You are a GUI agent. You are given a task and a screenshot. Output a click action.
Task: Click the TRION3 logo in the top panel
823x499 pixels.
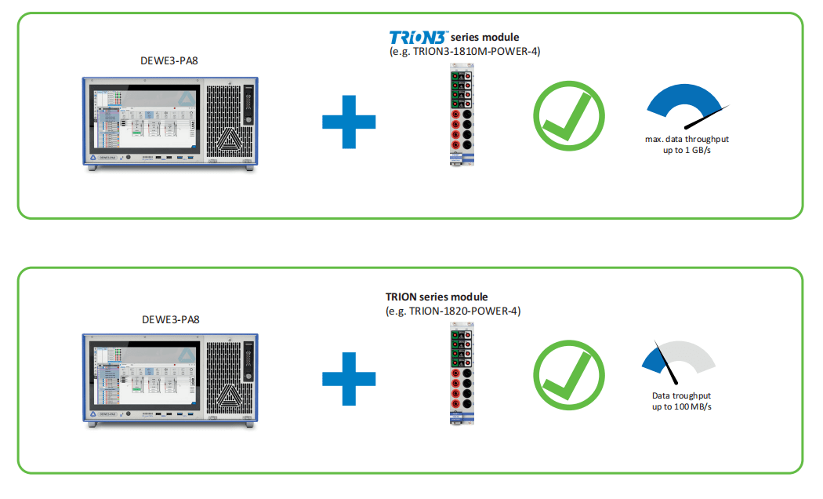[419, 37]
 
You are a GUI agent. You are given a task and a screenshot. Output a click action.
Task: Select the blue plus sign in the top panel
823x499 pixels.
[349, 122]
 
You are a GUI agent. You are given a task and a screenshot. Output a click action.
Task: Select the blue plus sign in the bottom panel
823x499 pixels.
[349, 379]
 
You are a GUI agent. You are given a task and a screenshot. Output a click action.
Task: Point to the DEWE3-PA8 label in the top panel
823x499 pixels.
[171, 60]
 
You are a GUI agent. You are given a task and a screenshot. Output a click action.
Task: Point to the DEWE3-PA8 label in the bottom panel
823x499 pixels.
[171, 319]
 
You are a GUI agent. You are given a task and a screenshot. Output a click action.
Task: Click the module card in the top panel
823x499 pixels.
[460, 116]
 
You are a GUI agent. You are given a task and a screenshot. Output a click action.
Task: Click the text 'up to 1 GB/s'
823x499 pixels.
[681, 149]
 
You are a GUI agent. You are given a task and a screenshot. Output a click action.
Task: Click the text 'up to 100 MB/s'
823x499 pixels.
[681, 407]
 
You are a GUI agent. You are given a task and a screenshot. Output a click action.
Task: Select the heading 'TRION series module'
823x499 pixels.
[437, 297]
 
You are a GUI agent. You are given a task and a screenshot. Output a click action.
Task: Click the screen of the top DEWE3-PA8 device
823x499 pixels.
[143, 123]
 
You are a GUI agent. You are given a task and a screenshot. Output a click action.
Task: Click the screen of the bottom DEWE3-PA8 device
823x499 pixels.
[143, 381]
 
